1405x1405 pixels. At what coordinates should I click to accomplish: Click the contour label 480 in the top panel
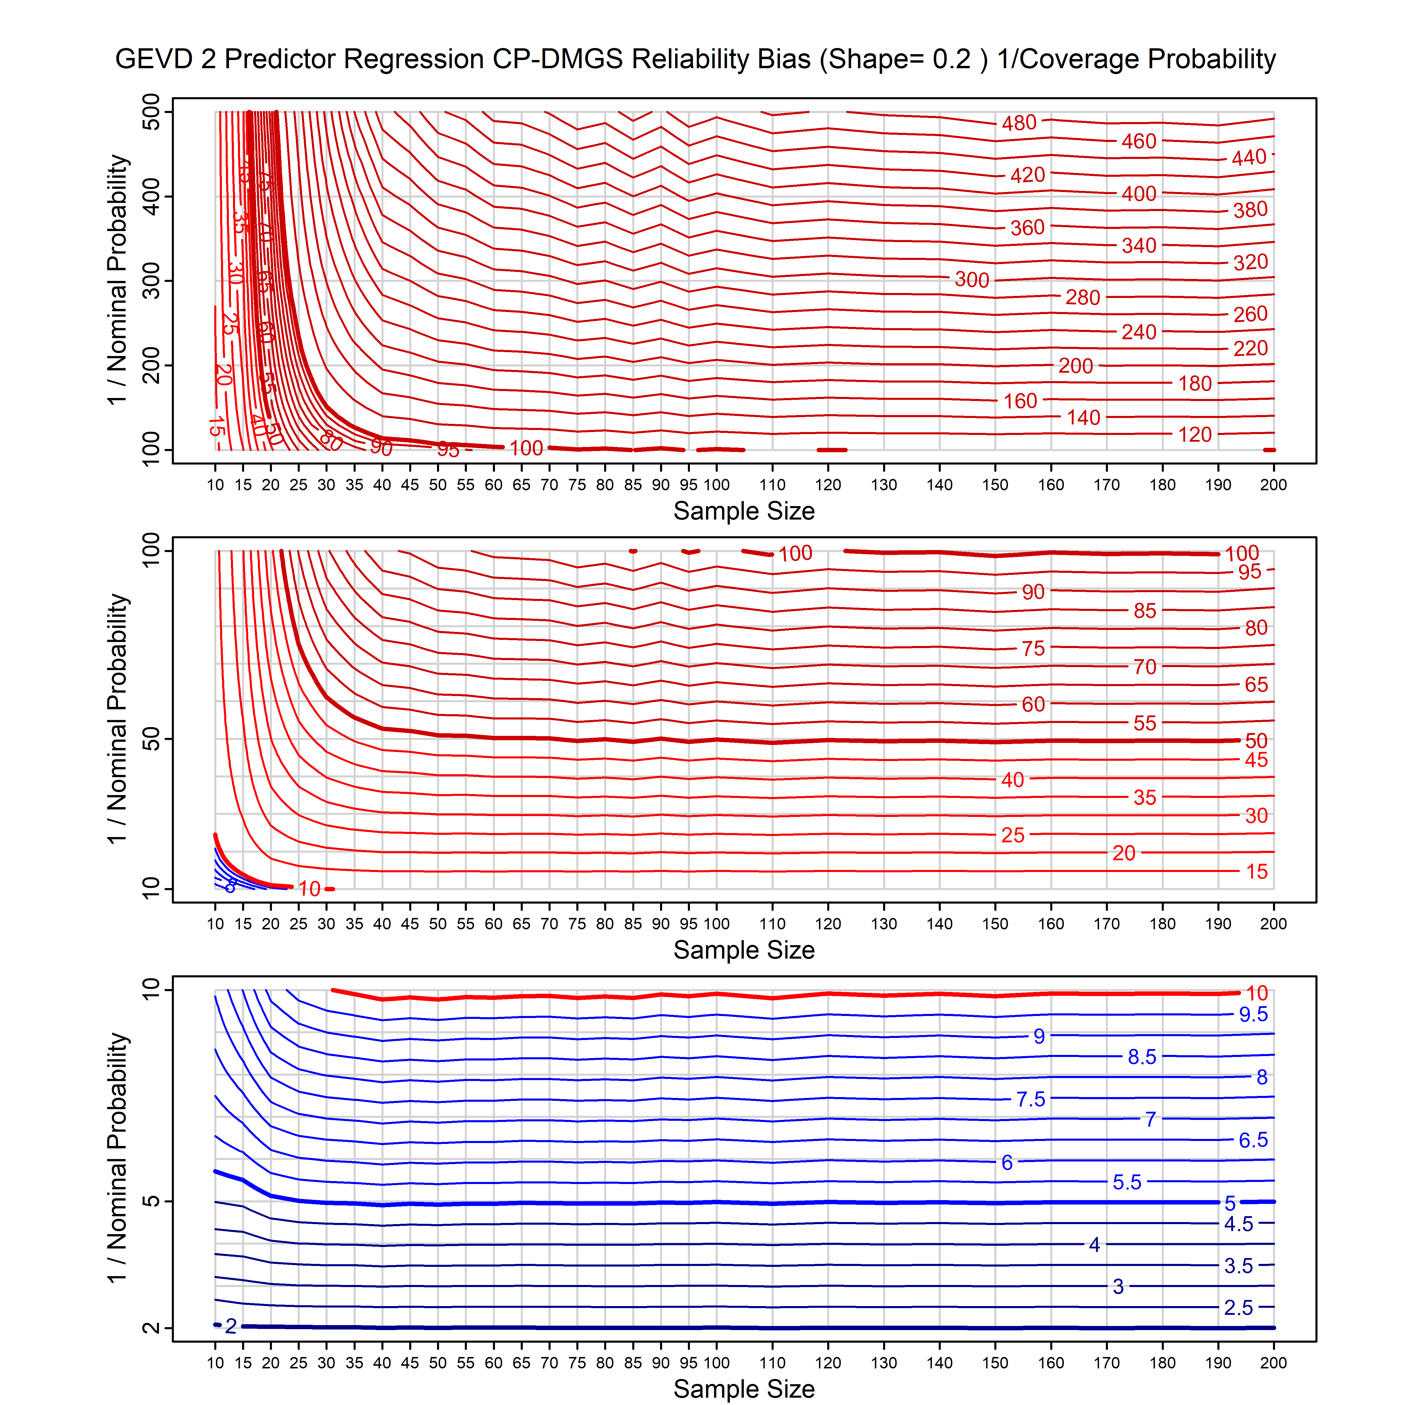pyautogui.click(x=1019, y=123)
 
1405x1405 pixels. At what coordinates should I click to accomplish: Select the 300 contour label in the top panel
pyautogui.click(x=971, y=280)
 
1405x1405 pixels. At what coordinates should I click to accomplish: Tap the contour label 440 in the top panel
pyautogui.click(x=1249, y=158)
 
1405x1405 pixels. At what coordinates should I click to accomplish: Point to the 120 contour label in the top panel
pyautogui.click(x=1195, y=435)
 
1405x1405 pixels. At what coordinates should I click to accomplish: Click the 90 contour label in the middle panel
pyautogui.click(x=1033, y=592)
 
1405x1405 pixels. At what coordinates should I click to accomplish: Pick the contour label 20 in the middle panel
pyautogui.click(x=1124, y=853)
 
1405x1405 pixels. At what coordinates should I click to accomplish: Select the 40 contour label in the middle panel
pyautogui.click(x=1012, y=780)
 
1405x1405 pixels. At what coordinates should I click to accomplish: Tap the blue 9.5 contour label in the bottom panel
pyautogui.click(x=1253, y=1015)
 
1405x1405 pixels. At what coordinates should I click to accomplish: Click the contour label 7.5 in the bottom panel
pyautogui.click(x=1030, y=1100)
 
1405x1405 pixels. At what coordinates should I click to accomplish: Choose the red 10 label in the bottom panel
pyautogui.click(x=1257, y=993)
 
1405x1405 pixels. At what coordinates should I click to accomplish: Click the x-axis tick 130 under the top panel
pyautogui.click(x=884, y=485)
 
